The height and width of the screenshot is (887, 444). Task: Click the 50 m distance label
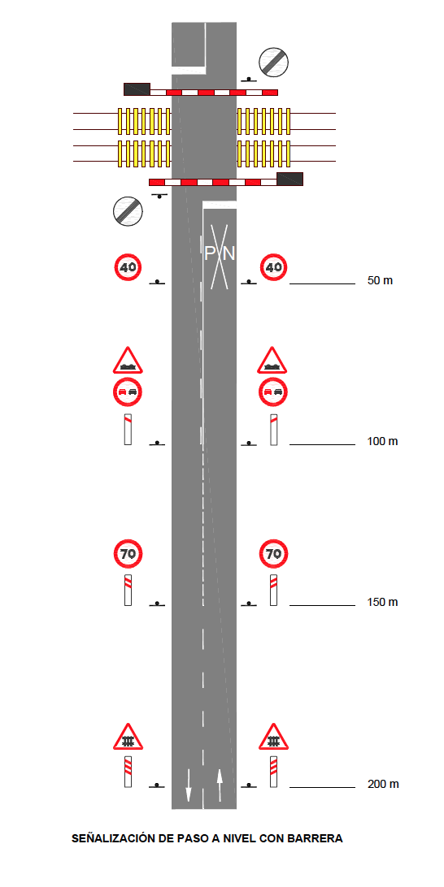point(380,280)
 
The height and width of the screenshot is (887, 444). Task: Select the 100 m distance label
point(383,441)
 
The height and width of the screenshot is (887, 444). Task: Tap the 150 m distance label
point(383,601)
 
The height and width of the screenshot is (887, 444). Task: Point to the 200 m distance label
point(383,784)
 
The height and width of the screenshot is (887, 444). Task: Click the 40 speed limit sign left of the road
point(128,266)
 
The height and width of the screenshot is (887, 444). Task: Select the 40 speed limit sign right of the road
point(273,266)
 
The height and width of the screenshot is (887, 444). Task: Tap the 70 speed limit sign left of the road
point(128,554)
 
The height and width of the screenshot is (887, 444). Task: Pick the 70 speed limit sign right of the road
point(273,554)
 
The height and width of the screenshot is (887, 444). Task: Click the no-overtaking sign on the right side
point(273,392)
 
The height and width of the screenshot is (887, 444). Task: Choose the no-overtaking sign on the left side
point(128,392)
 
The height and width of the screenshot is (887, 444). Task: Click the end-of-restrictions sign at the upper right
point(274,63)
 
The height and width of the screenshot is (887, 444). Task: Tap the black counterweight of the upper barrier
point(137,89)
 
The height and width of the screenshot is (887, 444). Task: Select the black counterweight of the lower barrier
point(290,179)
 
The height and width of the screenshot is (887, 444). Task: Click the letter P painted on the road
point(210,254)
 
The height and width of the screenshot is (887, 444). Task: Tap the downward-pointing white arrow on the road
point(188,785)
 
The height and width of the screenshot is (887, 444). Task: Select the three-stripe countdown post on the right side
point(273,771)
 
